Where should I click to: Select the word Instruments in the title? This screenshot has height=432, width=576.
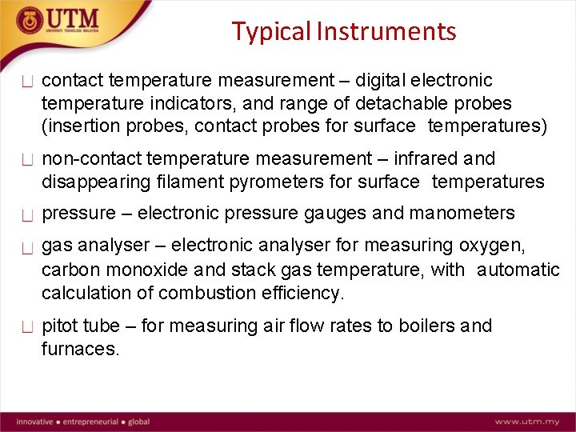pos(386,31)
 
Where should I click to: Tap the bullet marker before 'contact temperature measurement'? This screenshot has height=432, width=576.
pos(27,82)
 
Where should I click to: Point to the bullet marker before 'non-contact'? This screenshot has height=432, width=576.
pos(27,160)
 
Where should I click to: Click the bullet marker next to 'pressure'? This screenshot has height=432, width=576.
pos(27,215)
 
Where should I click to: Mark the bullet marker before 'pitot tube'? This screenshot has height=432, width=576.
pos(27,327)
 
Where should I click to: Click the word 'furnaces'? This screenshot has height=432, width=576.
pos(80,349)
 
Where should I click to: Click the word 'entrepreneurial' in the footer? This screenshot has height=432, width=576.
pos(90,422)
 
